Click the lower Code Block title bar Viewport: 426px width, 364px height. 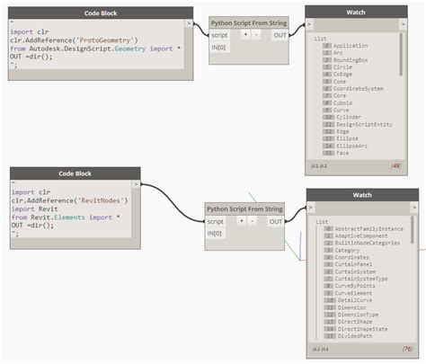click(75, 172)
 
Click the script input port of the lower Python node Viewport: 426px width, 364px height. click(217, 221)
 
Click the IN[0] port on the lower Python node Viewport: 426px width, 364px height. click(217, 234)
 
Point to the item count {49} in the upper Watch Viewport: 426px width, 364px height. click(395, 165)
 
